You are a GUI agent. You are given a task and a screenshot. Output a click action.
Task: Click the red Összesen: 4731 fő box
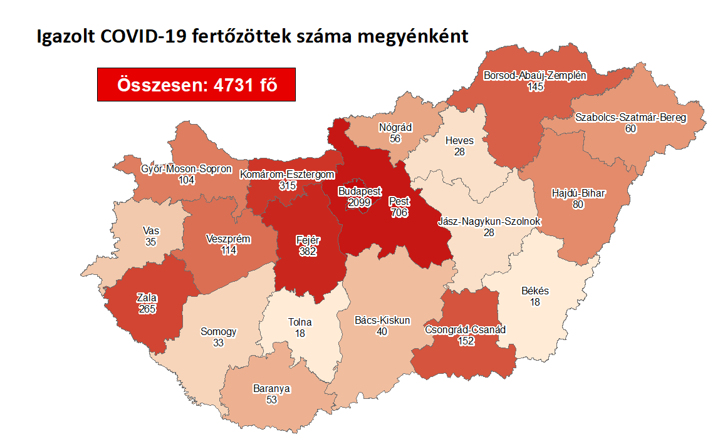click(x=196, y=84)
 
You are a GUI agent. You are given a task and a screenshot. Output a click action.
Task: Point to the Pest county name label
click(x=399, y=202)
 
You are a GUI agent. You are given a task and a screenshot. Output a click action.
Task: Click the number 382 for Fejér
click(x=307, y=251)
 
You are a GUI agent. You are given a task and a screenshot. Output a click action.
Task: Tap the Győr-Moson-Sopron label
click(x=186, y=169)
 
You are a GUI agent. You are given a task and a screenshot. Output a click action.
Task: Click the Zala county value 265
click(x=148, y=309)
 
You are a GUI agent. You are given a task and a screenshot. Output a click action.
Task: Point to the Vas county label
click(x=150, y=230)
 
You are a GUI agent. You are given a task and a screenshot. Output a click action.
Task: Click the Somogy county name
click(x=218, y=331)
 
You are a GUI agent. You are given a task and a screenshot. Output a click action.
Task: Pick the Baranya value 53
click(x=271, y=400)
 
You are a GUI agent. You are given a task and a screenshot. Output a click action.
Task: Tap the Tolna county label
click(x=300, y=323)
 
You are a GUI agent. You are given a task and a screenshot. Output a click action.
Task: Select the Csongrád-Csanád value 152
click(x=465, y=341)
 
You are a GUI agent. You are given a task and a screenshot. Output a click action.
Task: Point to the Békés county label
click(x=535, y=291)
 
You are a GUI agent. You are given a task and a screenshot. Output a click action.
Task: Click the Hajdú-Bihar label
click(x=578, y=193)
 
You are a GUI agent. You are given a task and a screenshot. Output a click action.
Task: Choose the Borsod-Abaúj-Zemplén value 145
click(x=535, y=87)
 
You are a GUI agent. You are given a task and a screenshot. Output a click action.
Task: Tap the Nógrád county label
click(x=395, y=127)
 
